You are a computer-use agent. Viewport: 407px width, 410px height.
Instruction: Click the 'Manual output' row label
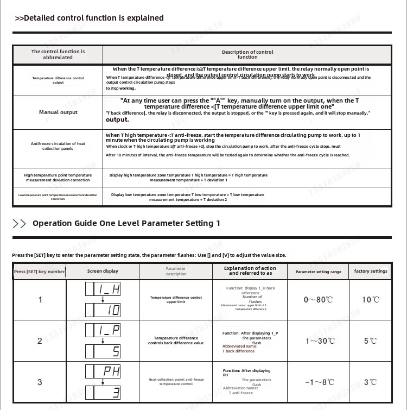(x=58, y=112)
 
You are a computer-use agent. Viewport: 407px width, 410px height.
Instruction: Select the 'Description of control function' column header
(x=247, y=54)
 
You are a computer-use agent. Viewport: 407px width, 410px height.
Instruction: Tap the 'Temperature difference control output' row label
(x=58, y=80)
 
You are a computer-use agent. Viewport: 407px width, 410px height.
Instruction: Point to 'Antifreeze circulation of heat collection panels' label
(x=58, y=146)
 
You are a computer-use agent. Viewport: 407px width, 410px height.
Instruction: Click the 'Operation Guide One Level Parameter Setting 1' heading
(x=126, y=223)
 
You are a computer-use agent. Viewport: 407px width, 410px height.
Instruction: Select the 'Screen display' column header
(x=103, y=271)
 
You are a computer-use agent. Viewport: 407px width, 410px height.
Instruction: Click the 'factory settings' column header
(x=371, y=271)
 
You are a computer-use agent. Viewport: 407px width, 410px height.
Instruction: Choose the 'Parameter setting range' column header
(x=319, y=272)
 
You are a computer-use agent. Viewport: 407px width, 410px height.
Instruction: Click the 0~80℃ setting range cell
(x=319, y=300)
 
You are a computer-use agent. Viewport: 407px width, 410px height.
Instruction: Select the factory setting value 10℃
(x=371, y=300)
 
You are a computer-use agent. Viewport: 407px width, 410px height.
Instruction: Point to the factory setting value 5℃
(x=370, y=341)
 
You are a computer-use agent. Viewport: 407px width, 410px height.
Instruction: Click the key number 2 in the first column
(x=40, y=341)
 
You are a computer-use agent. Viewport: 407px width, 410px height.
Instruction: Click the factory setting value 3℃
(x=370, y=382)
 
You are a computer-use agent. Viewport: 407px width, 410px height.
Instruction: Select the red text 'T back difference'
(x=238, y=351)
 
